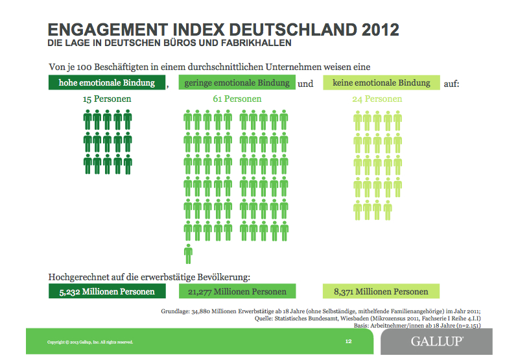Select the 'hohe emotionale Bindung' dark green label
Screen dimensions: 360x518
[x=106, y=83]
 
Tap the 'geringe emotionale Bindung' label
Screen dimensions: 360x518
[x=237, y=84]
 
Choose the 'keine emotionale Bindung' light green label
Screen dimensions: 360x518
[x=381, y=83]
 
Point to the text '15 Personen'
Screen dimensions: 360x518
[x=107, y=99]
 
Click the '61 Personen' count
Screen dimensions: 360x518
[x=237, y=99]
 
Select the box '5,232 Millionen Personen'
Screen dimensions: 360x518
[x=106, y=292]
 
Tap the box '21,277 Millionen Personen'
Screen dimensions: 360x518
[x=237, y=292]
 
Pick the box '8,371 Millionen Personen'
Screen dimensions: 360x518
[x=381, y=292]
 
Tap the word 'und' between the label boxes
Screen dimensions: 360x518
[x=305, y=84]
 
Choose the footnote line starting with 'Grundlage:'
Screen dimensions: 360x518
[x=320, y=311]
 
